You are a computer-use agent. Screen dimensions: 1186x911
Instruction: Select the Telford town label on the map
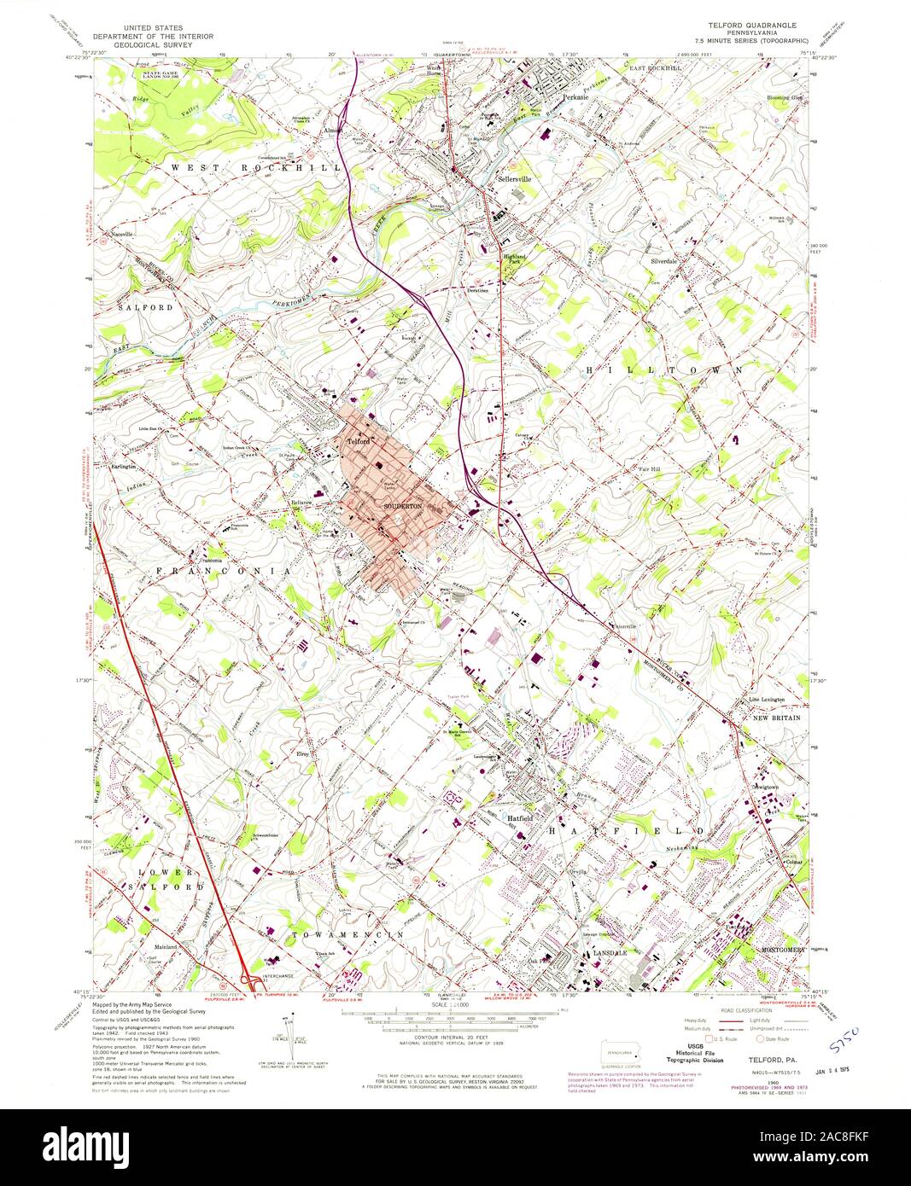[358, 442]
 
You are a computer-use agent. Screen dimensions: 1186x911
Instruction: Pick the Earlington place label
[126, 468]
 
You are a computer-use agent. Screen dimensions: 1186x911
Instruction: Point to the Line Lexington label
[767, 700]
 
